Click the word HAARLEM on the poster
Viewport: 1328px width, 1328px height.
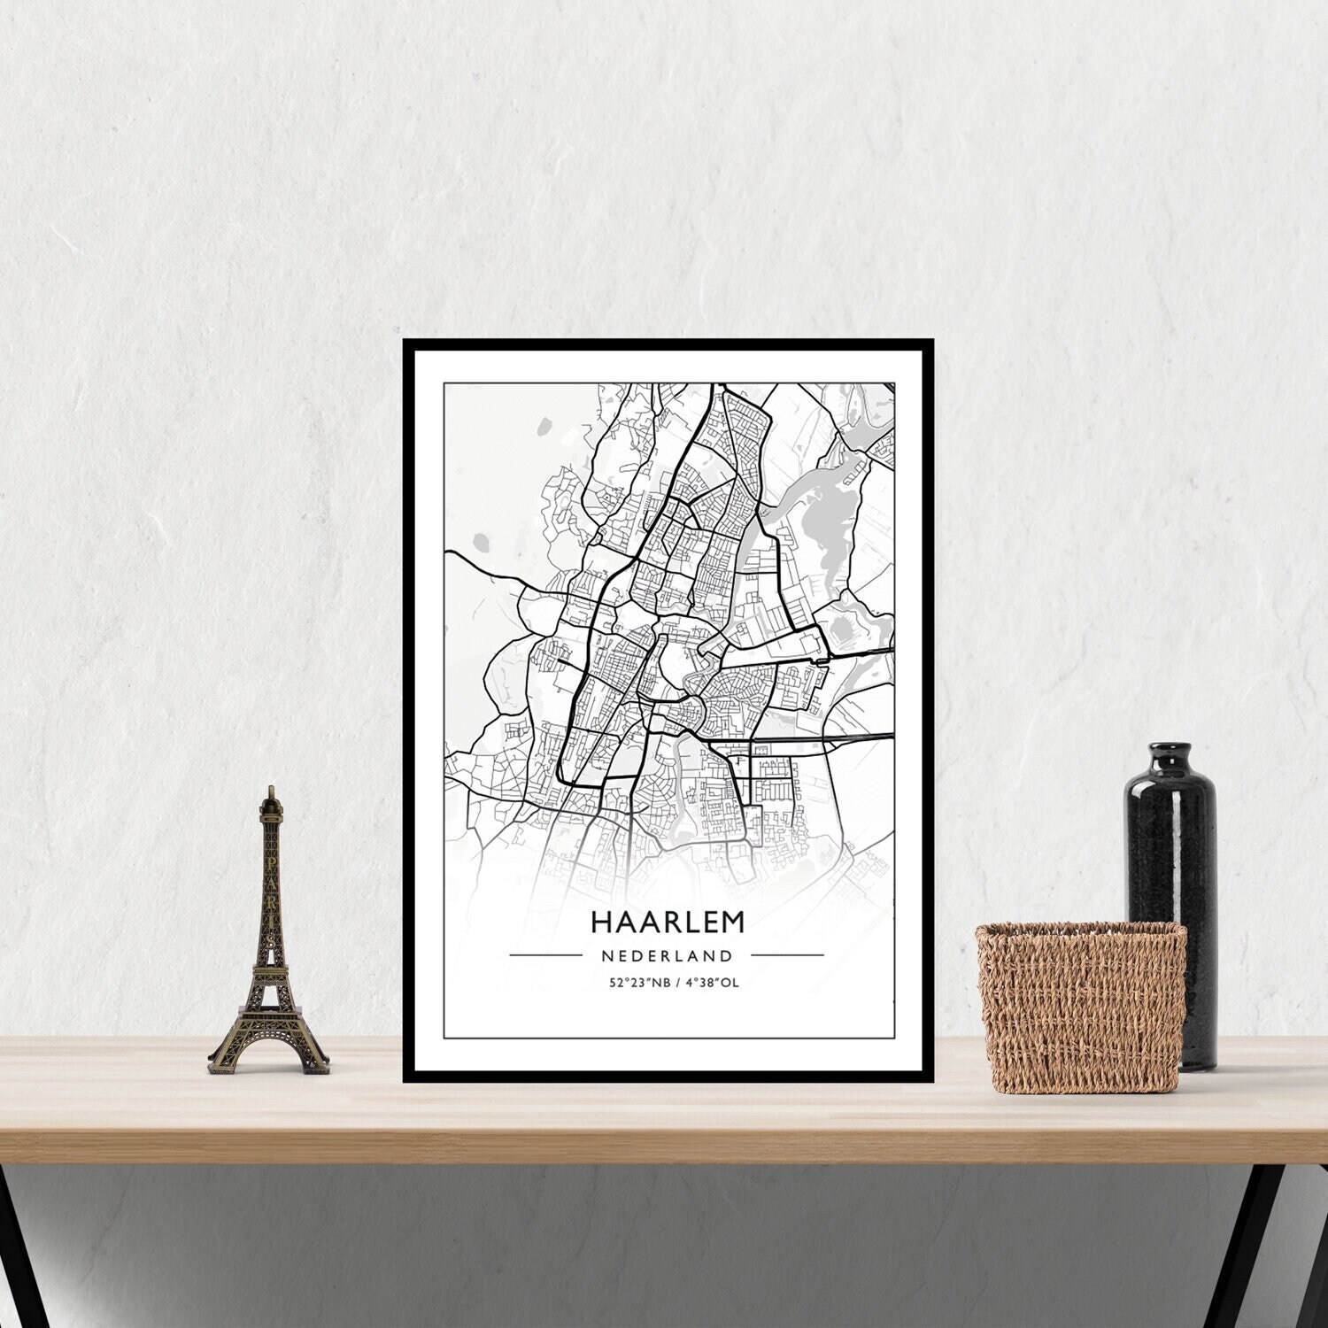[x=668, y=922]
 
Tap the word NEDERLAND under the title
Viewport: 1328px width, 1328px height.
[x=667, y=956]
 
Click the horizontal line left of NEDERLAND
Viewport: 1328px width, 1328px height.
[x=545, y=956]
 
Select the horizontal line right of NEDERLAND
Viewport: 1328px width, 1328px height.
[x=787, y=956]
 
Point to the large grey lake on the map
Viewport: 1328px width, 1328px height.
[x=819, y=531]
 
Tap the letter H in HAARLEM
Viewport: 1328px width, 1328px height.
[x=599, y=922]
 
